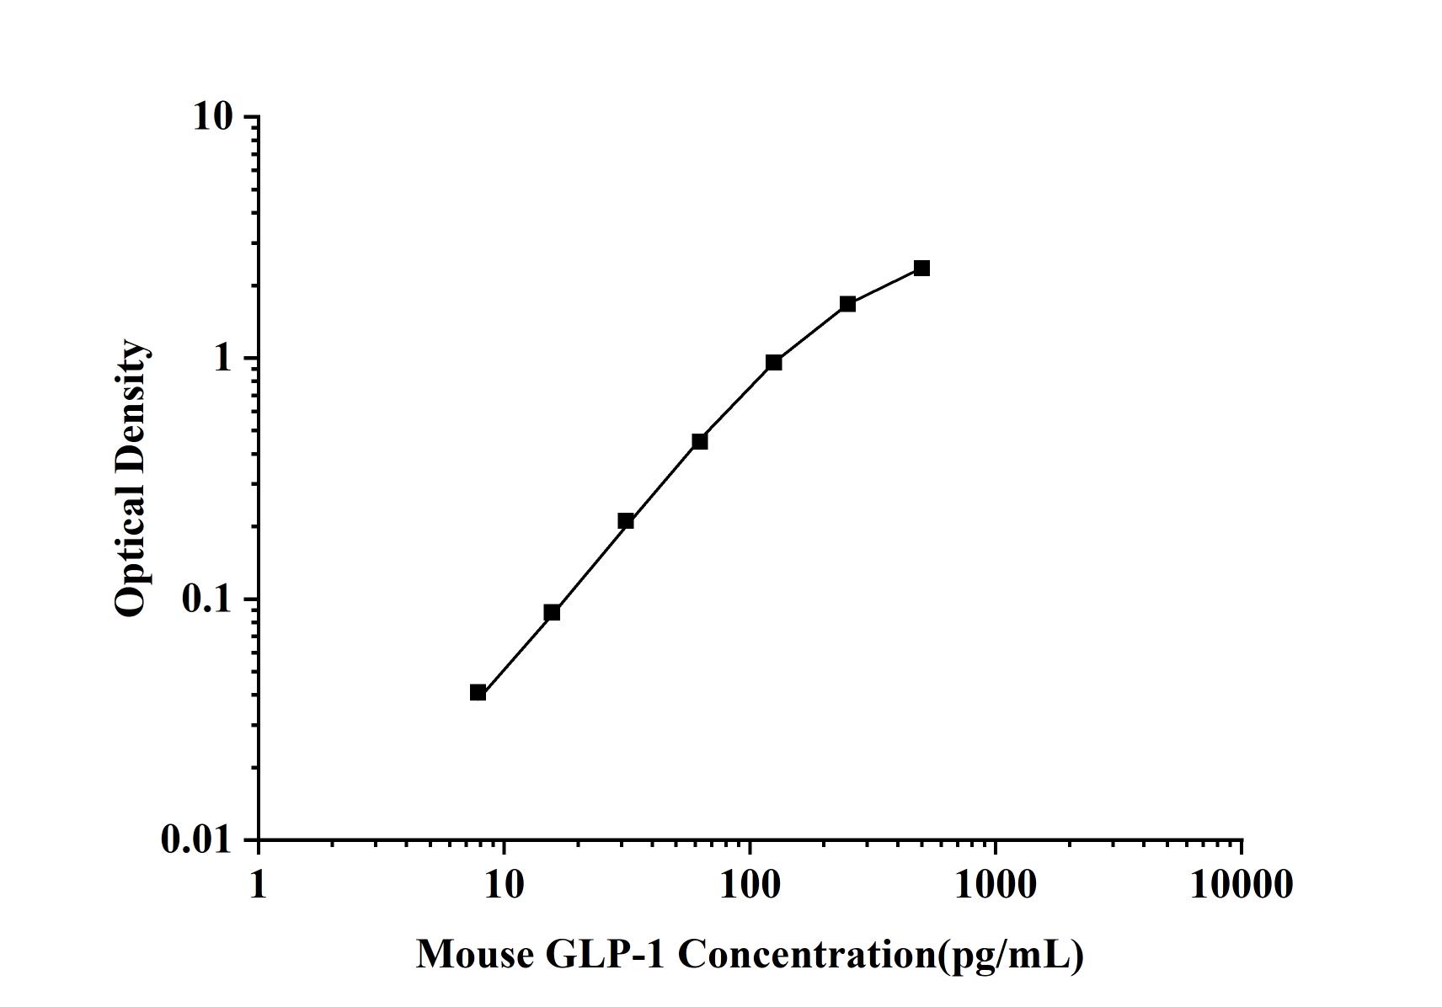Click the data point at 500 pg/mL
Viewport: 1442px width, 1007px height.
tap(921, 269)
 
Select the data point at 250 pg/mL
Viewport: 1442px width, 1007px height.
tap(847, 304)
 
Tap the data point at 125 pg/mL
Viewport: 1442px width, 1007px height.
tap(774, 363)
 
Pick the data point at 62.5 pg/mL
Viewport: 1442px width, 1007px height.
tap(699, 441)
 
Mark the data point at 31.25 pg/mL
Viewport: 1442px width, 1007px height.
tap(626, 521)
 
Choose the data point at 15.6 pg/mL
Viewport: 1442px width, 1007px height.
tap(552, 612)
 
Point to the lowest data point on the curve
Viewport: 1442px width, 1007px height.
tap(478, 693)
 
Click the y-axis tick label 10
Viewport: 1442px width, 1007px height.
tap(212, 116)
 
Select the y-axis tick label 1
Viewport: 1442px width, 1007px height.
tap(222, 358)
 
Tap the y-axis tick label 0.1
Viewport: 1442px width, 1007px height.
tap(206, 599)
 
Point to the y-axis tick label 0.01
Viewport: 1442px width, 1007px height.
tap(196, 839)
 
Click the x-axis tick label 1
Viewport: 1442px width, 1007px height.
tap(258, 884)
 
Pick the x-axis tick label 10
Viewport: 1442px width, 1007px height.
tap(504, 884)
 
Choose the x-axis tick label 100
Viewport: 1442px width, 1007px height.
tap(750, 884)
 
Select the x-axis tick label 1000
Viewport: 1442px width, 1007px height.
tap(996, 884)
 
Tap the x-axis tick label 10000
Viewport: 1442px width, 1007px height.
tap(1241, 884)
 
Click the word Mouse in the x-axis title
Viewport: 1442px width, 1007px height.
tap(475, 955)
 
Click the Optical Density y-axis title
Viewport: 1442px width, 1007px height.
tap(131, 478)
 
